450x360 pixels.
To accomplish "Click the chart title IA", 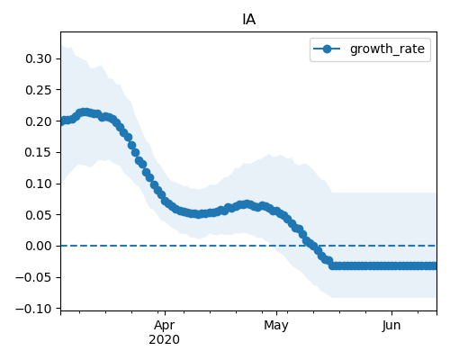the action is (249, 20).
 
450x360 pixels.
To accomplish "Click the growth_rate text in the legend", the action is (387, 49).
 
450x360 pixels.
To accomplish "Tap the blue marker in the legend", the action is (327, 49).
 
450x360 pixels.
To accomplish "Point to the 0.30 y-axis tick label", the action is (39, 58).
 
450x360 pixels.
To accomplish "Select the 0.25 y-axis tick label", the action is (39, 90).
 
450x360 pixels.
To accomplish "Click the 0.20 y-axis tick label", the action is (39, 121).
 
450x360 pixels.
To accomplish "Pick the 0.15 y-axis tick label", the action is (39, 152).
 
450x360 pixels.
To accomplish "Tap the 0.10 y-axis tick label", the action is (39, 184).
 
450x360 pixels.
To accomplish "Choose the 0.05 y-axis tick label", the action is (39, 215).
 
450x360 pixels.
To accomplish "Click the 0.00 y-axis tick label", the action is (39, 246).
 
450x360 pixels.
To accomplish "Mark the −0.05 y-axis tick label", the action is (34, 277).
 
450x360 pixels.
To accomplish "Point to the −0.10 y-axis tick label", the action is (34, 309).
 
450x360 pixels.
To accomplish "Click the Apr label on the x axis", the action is (165, 326).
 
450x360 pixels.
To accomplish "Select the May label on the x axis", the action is (276, 326).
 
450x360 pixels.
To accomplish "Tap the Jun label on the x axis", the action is (391, 326).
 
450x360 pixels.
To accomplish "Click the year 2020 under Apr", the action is (165, 340).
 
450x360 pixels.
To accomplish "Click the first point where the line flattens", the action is (332, 265).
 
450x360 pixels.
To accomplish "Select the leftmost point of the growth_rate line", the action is (62, 121).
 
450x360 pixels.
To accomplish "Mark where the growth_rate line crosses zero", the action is (309, 246).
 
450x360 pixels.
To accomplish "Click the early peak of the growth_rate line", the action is (85, 112).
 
